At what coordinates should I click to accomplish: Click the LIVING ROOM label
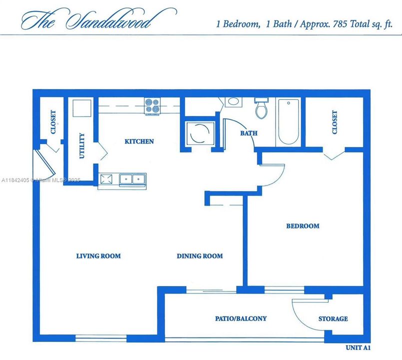(98, 256)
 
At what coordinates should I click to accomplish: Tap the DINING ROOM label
(200, 256)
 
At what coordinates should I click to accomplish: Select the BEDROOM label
(302, 226)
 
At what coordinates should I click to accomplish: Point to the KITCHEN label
(139, 141)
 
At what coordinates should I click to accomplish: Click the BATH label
(249, 133)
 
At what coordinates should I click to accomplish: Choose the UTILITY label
(82, 146)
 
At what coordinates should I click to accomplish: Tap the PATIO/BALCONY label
(241, 318)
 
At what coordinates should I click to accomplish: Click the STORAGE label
(333, 318)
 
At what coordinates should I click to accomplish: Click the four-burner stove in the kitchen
(152, 106)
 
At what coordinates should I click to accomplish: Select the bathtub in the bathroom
(288, 121)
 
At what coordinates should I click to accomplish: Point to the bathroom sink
(233, 102)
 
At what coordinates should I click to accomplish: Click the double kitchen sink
(132, 178)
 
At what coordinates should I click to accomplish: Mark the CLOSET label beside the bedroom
(334, 122)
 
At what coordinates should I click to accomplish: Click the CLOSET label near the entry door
(53, 122)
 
